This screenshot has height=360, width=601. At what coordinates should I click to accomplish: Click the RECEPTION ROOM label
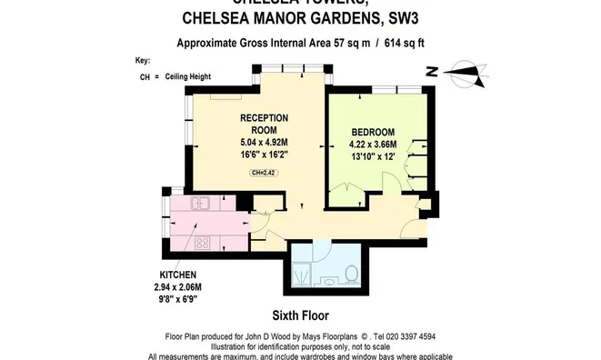pyautogui.click(x=264, y=124)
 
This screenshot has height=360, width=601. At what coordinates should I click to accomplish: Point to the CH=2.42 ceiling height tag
pyautogui.click(x=264, y=172)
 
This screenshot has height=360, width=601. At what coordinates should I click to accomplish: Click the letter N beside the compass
pyautogui.click(x=434, y=71)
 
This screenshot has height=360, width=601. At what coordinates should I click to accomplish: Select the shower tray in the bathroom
pyautogui.click(x=306, y=270)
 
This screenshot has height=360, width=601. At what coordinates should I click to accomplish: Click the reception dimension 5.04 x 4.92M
pyautogui.click(x=264, y=142)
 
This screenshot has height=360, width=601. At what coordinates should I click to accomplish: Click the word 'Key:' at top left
pyautogui.click(x=142, y=60)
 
